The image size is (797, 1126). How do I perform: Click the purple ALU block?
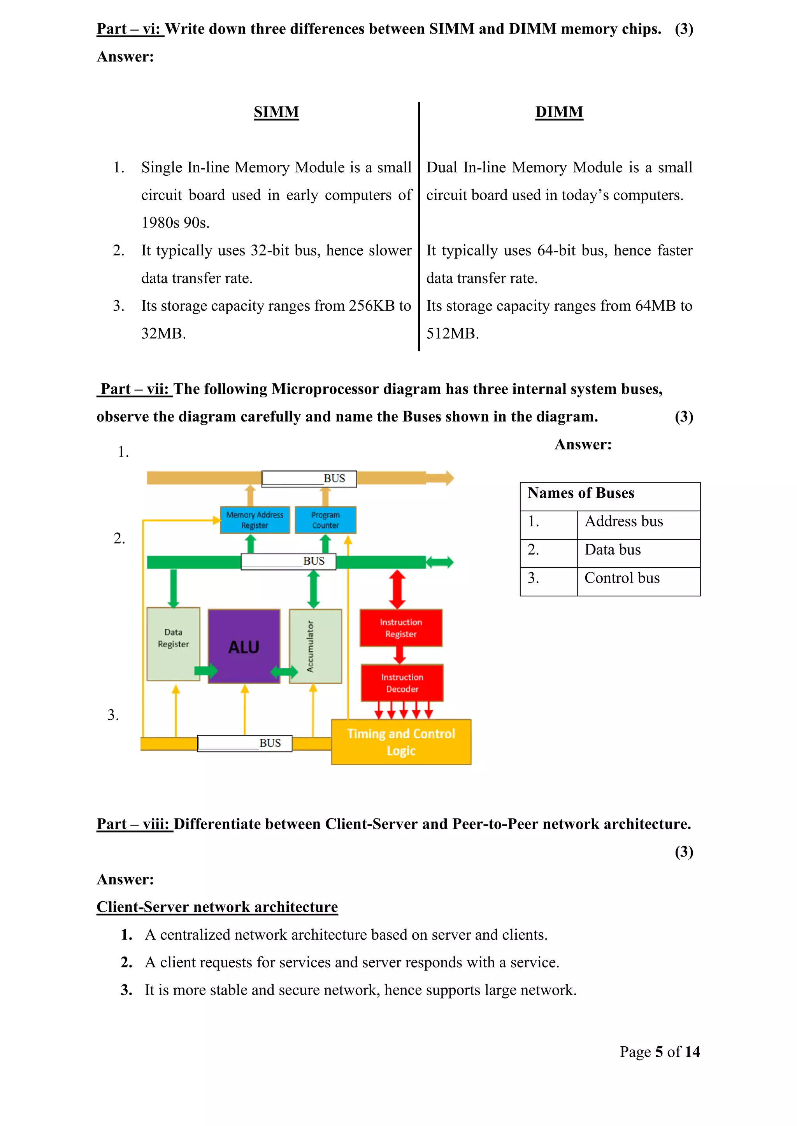[244, 646]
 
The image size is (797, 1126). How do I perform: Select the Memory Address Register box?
[255, 520]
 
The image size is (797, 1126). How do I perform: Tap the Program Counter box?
[325, 520]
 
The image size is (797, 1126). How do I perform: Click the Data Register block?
[173, 643]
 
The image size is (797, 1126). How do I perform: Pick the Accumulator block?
[315, 646]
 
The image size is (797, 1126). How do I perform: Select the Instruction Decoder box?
[402, 683]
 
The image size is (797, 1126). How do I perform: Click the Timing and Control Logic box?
[401, 741]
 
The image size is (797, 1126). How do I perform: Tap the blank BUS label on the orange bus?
[309, 479]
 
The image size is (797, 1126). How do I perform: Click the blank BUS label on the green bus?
[289, 561]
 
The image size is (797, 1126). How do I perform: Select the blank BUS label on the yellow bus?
[245, 743]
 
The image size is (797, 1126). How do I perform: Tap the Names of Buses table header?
[581, 493]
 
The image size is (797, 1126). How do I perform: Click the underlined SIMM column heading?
[276, 112]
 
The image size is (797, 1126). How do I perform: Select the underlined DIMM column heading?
[559, 112]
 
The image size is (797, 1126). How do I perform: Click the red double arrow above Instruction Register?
[397, 589]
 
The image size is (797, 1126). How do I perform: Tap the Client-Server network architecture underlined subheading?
[217, 907]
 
